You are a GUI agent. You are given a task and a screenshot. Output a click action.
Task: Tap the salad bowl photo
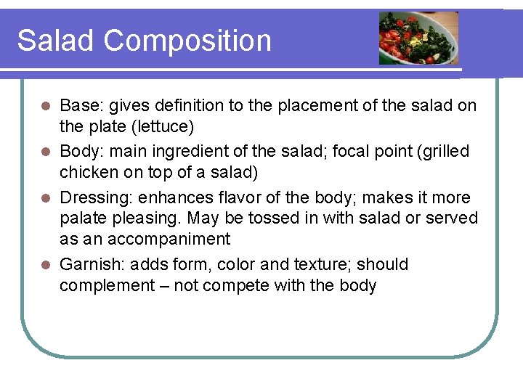418,38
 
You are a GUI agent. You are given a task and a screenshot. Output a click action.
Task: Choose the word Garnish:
91,264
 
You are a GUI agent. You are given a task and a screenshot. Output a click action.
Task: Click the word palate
82,219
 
